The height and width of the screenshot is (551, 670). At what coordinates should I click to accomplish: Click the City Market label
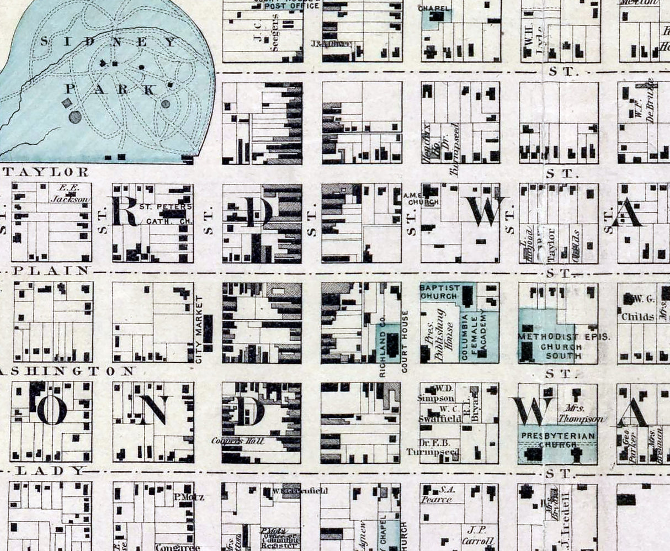199,329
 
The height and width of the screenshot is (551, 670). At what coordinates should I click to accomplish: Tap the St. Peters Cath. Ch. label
157,214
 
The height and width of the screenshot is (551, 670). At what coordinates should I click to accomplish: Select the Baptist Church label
439,292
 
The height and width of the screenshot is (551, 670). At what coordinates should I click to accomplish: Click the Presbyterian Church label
557,440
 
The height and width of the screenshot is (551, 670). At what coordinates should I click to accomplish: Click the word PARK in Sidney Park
110,89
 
